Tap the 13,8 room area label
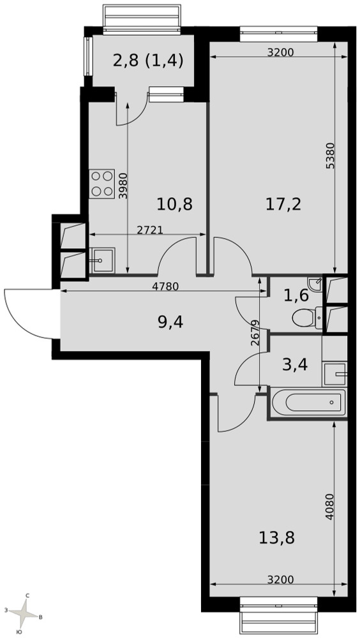click(x=276, y=538)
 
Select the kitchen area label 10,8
click(x=175, y=204)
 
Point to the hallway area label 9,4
click(x=170, y=323)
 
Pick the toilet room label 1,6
click(x=296, y=296)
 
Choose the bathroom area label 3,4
click(x=295, y=364)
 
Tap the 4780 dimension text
click(x=165, y=286)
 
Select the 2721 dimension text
click(x=150, y=230)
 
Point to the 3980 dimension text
click(x=123, y=186)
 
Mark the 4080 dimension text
click(x=329, y=507)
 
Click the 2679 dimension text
click(x=255, y=333)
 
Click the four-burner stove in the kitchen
click(x=102, y=184)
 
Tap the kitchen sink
click(x=102, y=260)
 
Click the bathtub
click(x=309, y=403)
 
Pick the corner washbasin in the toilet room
click(x=315, y=285)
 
